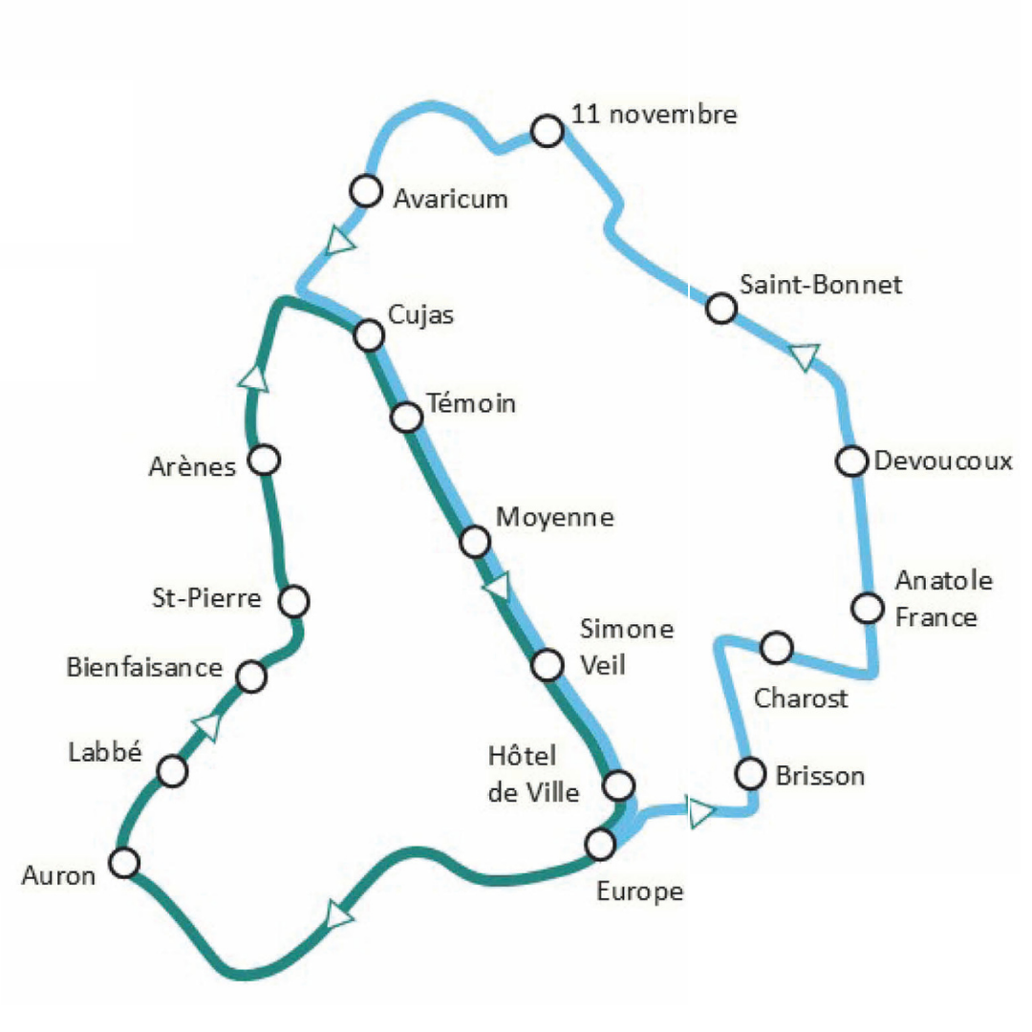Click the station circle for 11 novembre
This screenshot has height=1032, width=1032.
coord(547,130)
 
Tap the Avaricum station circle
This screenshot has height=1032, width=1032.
coord(365,190)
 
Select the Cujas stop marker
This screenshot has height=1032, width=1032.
coord(369,335)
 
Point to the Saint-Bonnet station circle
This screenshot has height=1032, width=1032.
coord(721,309)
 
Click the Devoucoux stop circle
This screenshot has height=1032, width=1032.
coord(850,461)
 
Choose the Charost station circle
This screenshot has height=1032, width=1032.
coord(777,648)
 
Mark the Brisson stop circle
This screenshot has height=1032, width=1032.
coord(752,772)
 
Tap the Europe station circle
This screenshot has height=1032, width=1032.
coord(600,844)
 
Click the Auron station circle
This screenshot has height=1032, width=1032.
coord(124,863)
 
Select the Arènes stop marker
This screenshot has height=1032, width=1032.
coord(264,461)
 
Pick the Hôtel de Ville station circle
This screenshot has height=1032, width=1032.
coord(619,785)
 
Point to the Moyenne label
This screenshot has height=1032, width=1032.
coord(555,518)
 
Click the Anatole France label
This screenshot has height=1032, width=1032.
coord(936,598)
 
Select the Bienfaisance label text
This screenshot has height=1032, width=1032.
coord(144,667)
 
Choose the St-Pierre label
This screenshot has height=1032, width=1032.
coord(206,599)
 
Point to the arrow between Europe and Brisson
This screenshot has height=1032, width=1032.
coord(701,812)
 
